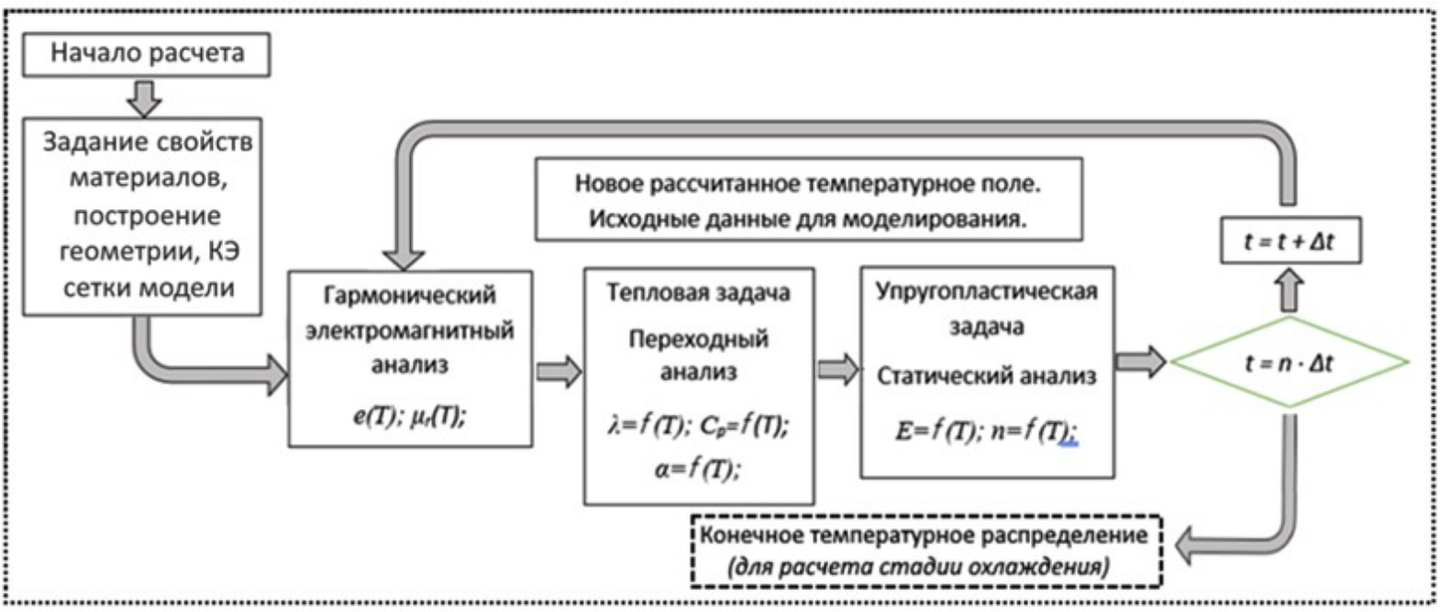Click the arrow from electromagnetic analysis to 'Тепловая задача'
[x=559, y=371]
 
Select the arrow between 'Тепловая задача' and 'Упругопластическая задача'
[x=836, y=370]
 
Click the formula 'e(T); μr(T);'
[x=409, y=416]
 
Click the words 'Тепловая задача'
[x=700, y=298]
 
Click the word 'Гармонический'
[x=410, y=297]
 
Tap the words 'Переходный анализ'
[x=700, y=356]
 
